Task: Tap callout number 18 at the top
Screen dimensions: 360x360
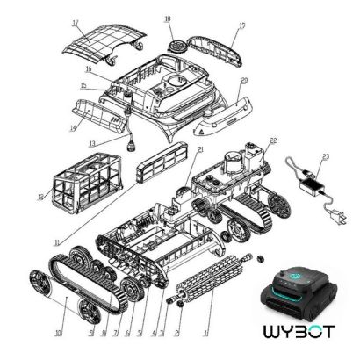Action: tap(167, 18)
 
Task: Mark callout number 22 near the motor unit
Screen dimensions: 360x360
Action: tap(273, 141)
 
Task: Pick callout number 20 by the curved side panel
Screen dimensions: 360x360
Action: tap(245, 80)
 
